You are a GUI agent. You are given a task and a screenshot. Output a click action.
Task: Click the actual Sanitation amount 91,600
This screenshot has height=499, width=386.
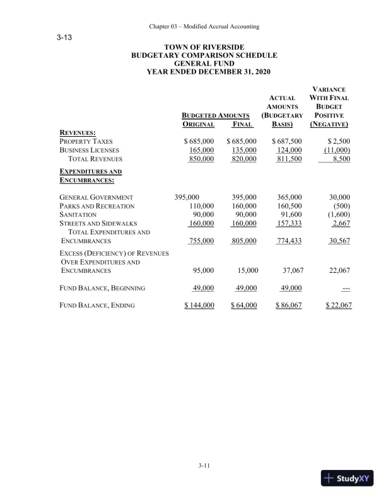pyautogui.click(x=291, y=215)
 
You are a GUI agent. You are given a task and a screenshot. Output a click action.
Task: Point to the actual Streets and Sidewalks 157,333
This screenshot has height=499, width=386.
pyautogui.click(x=289, y=224)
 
